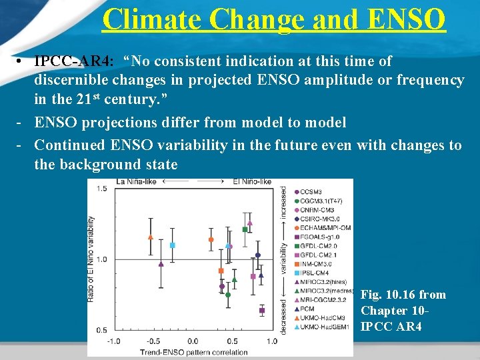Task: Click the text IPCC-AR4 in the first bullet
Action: pos(73,61)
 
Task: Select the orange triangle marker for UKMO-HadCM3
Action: pos(151,237)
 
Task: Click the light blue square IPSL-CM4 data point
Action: pos(173,245)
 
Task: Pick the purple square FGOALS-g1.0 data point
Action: pos(262,310)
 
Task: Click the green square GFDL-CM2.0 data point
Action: pos(245,229)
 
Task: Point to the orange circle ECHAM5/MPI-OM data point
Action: pos(211,239)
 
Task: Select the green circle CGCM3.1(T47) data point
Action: pos(228,294)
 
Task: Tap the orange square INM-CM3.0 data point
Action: pos(221,271)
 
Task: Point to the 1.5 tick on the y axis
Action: pos(101,189)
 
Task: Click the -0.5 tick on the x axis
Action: pos(151,341)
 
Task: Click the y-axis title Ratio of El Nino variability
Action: pos(91,259)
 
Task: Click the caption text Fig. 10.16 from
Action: pos(403,295)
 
